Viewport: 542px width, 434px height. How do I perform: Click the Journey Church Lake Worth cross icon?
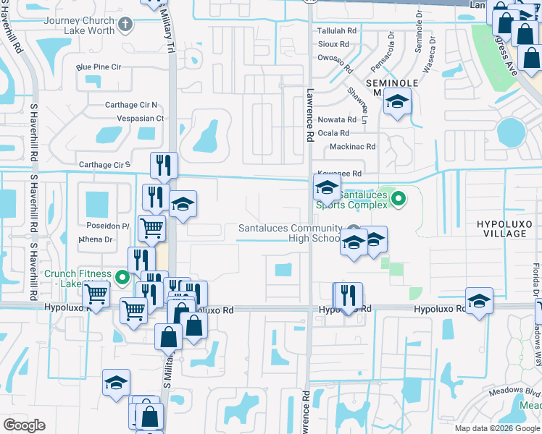(126, 25)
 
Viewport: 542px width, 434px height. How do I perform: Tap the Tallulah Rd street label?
(337, 31)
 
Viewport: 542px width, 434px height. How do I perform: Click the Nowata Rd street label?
(337, 119)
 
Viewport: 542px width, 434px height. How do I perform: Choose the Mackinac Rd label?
(352, 146)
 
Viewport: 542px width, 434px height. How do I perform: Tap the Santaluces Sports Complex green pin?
(397, 198)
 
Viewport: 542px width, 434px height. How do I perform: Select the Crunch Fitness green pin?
(122, 276)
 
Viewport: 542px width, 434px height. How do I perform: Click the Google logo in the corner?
(24, 425)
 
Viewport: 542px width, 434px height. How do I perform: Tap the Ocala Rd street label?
(334, 133)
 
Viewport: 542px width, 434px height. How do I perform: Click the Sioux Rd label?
(333, 44)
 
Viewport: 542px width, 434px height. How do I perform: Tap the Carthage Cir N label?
(130, 105)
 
